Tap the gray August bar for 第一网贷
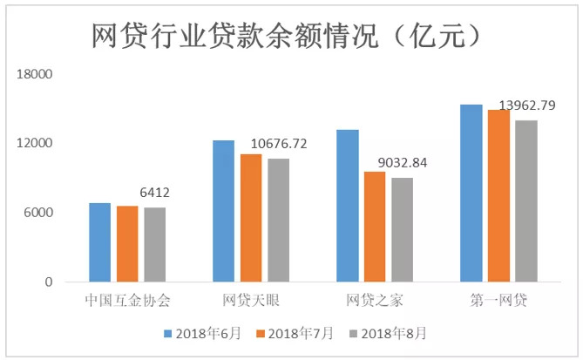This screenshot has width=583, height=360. click(x=525, y=201)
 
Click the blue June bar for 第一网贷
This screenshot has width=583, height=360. click(x=471, y=194)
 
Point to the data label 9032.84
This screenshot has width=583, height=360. click(x=403, y=163)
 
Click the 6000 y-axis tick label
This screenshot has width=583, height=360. click(x=40, y=213)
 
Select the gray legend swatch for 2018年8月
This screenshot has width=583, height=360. click(x=354, y=333)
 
